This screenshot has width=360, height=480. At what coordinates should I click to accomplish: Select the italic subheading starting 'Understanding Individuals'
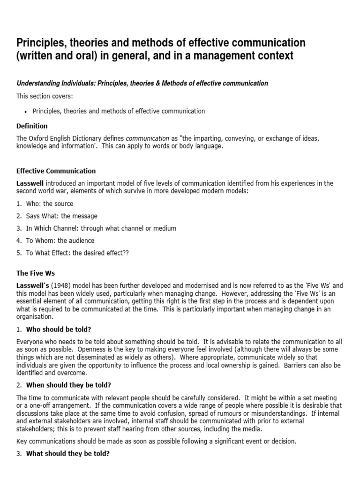(142, 83)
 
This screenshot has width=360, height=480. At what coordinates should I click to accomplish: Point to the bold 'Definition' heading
(32, 126)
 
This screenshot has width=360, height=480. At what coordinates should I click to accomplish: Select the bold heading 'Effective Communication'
(56, 171)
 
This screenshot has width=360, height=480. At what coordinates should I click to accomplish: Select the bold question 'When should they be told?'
(68, 385)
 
